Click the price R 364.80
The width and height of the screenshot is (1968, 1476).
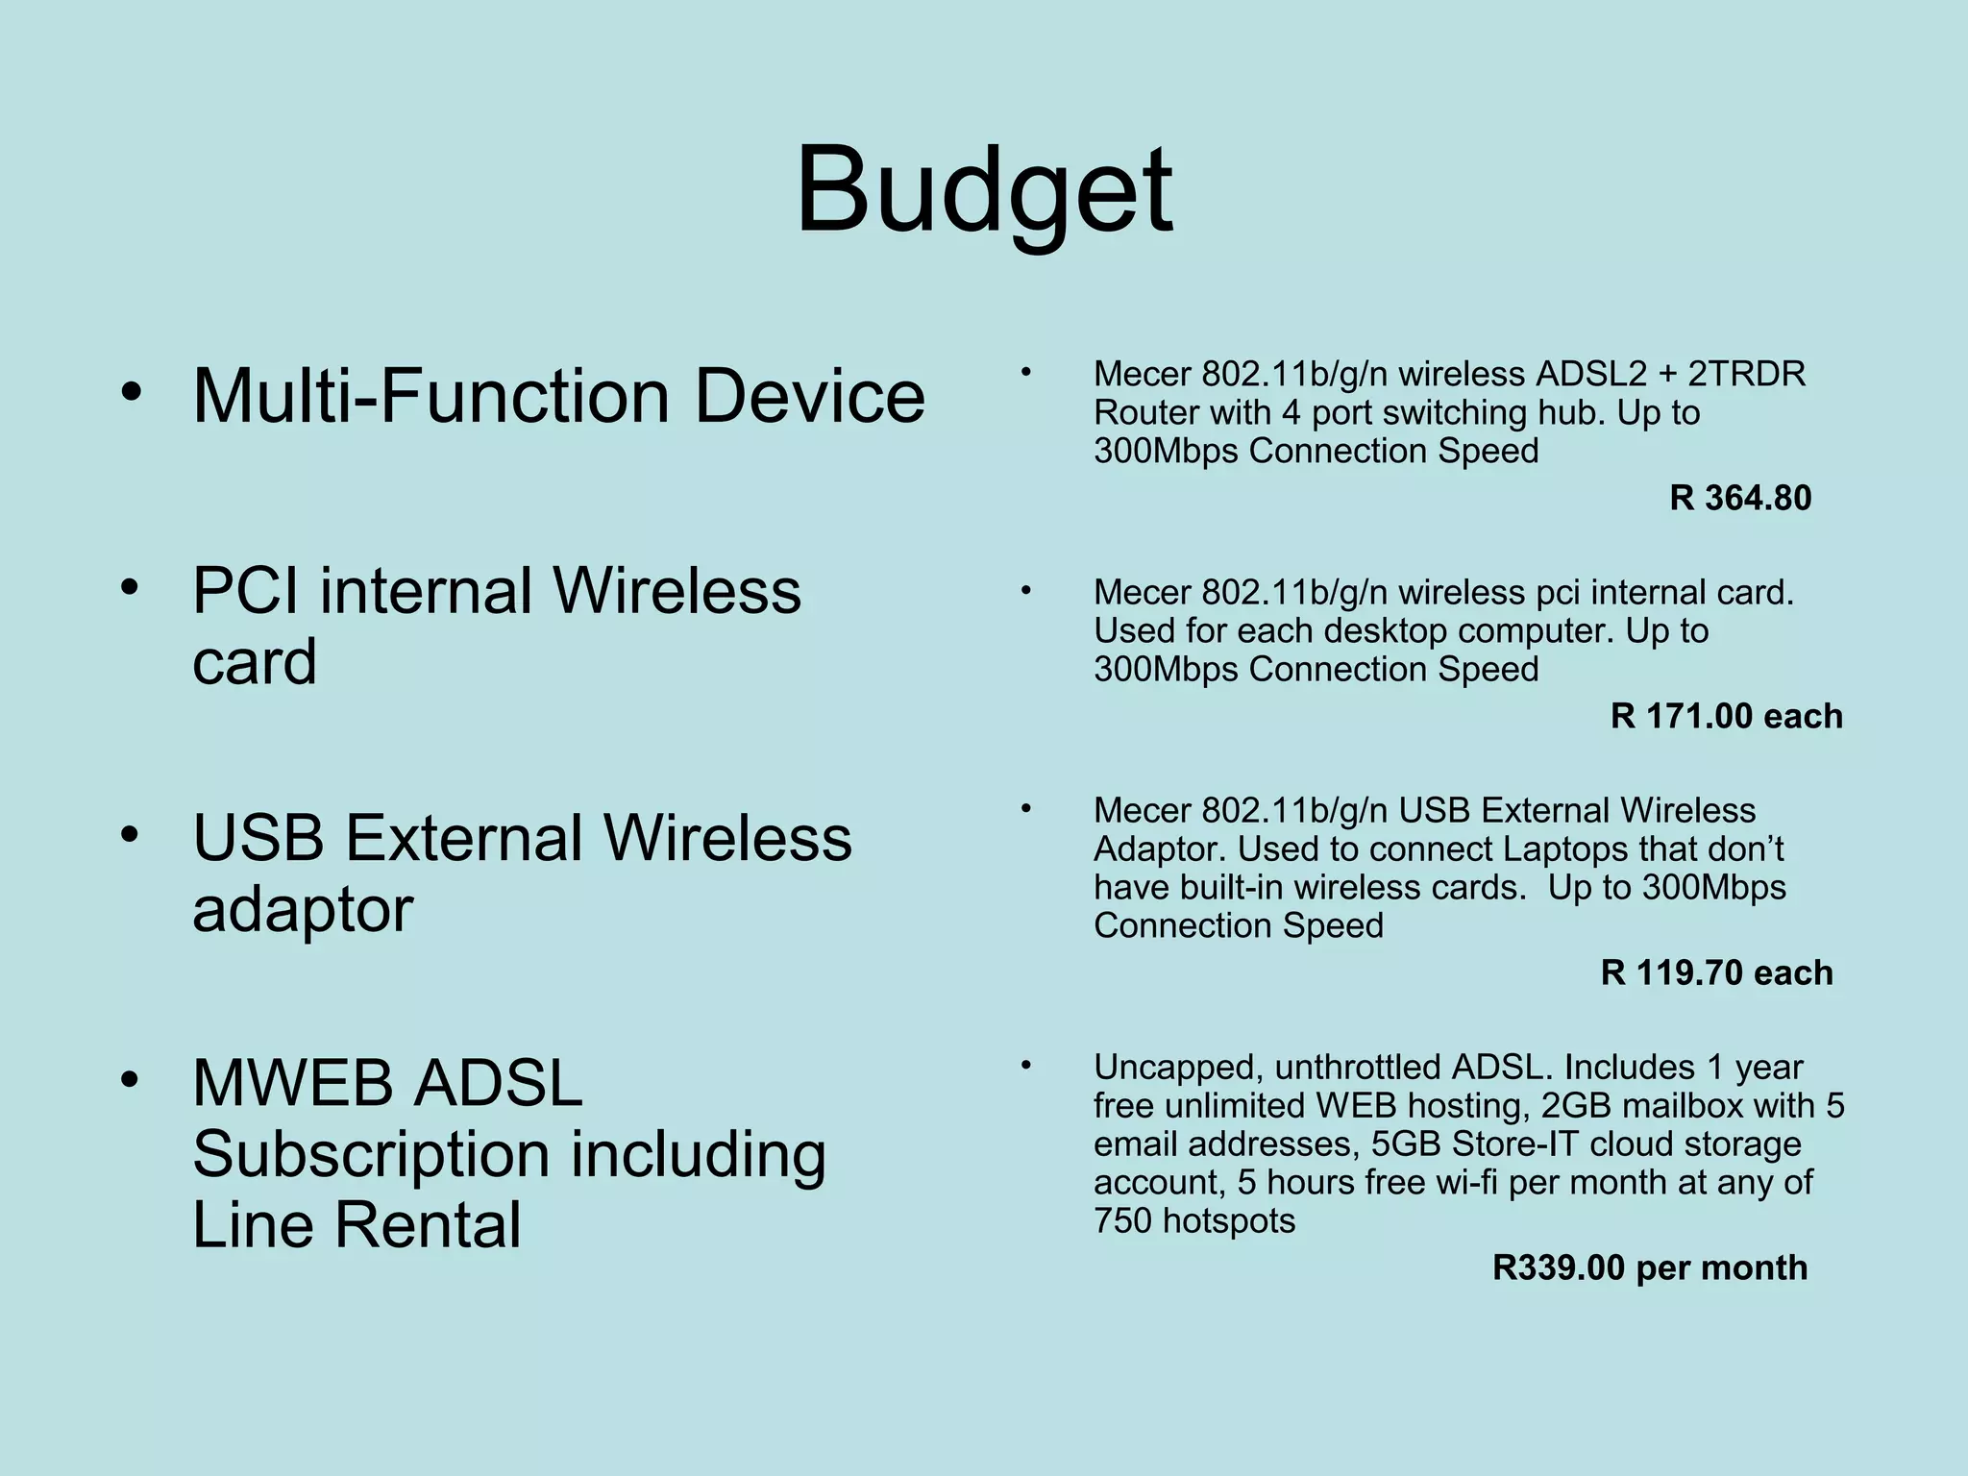1739,498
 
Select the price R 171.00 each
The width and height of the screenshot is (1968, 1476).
1726,716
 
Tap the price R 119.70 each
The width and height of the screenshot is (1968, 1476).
1716,972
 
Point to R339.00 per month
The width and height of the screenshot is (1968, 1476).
1649,1267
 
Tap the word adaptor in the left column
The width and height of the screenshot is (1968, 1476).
303,909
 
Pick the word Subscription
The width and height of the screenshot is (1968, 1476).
371,1153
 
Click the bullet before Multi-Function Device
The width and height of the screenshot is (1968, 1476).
132,393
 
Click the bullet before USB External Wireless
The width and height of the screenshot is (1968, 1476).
132,834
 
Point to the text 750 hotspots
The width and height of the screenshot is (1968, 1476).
1193,1220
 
